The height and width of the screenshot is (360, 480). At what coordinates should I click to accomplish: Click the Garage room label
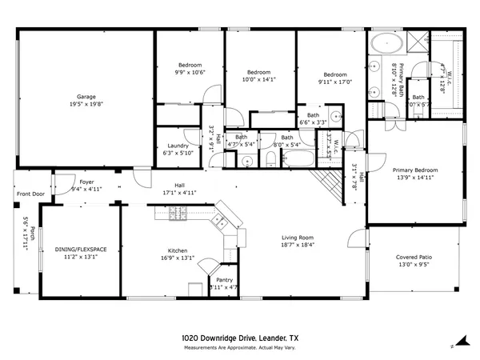86,97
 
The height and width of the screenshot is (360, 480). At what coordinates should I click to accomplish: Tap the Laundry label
178,146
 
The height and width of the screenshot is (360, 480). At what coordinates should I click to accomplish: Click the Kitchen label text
177,250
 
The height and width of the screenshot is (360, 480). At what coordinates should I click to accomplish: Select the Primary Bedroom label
414,170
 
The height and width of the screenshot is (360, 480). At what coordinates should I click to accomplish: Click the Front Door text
31,194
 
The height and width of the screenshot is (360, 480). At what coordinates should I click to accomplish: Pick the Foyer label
86,182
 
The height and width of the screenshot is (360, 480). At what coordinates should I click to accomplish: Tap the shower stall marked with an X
418,42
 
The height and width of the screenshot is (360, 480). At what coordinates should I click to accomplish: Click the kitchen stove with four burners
221,219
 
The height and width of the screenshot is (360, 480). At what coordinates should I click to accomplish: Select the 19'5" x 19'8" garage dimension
86,104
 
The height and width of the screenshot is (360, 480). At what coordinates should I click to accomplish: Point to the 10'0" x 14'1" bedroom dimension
258,79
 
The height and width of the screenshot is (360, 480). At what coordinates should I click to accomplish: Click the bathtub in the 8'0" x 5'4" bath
285,159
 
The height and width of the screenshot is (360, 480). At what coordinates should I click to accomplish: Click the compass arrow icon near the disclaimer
452,346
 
